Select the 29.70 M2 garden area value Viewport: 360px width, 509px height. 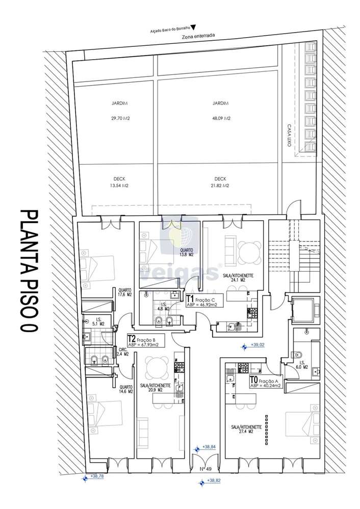click(x=119, y=118)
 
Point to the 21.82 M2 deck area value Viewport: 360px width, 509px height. click(x=220, y=186)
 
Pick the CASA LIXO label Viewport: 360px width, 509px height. click(x=289, y=136)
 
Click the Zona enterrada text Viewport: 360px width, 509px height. click(x=198, y=36)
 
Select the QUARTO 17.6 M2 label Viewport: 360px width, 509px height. click(x=124, y=292)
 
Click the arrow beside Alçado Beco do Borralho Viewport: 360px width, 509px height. click(x=192, y=28)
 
